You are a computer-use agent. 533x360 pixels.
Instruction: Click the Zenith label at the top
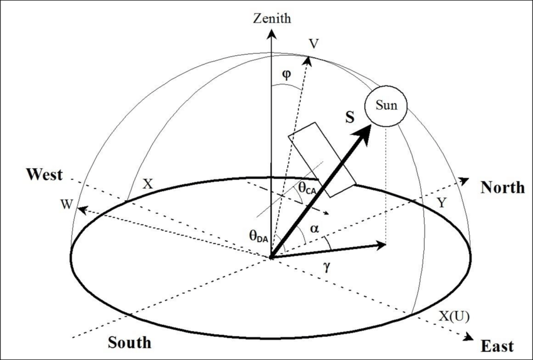(272, 18)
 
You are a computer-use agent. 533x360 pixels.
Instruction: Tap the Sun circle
(386, 105)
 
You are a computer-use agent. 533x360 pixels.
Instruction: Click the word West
(45, 174)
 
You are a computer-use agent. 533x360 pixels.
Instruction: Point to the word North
(502, 187)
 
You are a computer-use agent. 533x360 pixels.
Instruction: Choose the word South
(129, 342)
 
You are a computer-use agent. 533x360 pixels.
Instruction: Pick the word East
(497, 346)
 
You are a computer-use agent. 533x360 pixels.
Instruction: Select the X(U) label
(453, 315)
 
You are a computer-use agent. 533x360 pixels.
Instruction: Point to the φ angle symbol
(286, 74)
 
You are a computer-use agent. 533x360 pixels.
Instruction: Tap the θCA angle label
(307, 187)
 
